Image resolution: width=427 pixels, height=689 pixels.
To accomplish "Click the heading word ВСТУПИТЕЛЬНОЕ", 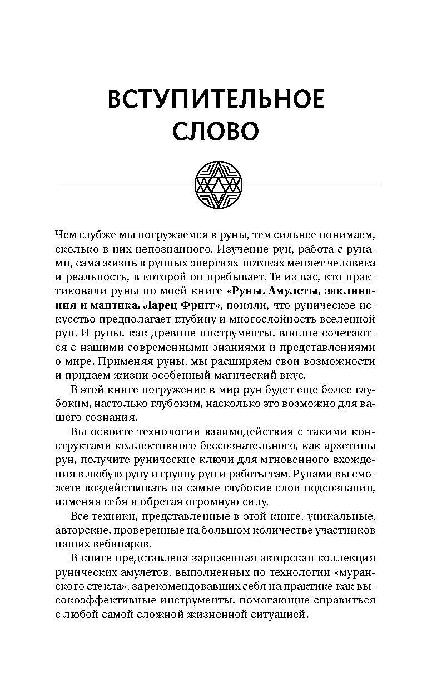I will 215,100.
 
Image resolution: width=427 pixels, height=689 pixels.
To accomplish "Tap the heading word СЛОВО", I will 215,132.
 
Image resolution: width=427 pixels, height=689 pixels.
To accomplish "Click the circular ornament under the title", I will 218,184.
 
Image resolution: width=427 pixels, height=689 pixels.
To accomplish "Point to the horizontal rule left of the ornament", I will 125,184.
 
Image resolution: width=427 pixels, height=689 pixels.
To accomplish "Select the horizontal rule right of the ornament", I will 311,184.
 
